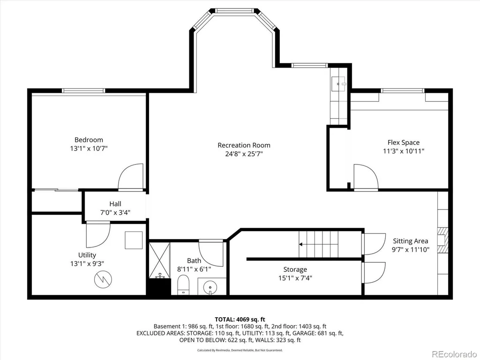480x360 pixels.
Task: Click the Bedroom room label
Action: tap(89, 140)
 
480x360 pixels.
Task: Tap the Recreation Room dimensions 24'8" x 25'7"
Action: tap(244, 154)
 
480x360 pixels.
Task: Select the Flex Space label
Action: tap(404, 142)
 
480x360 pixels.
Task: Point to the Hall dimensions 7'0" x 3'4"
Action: tap(115, 212)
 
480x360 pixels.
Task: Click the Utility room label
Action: tap(87, 255)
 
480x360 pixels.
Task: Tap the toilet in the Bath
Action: tap(183, 285)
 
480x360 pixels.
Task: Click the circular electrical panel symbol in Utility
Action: tap(103, 279)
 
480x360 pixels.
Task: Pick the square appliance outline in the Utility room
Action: tap(134, 240)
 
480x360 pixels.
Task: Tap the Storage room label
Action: tap(295, 270)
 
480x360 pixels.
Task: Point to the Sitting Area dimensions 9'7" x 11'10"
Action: tap(411, 249)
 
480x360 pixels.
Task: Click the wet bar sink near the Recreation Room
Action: tap(339, 83)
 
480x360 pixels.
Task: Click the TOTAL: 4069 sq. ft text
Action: tap(240, 320)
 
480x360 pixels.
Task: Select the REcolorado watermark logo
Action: tap(454, 354)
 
